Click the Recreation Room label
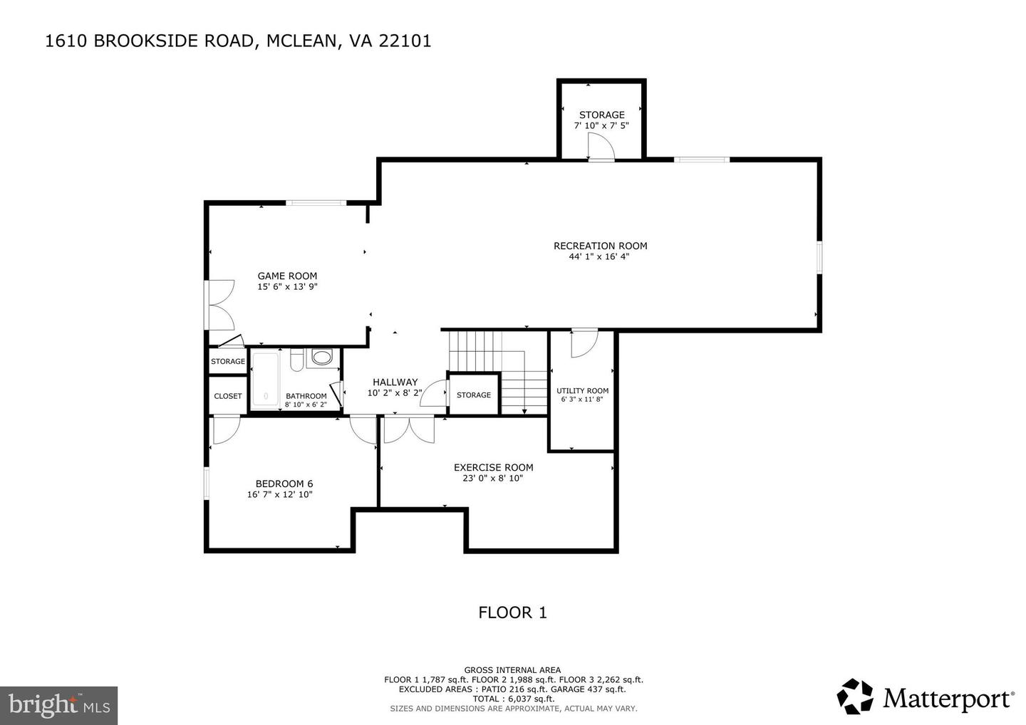pos(600,246)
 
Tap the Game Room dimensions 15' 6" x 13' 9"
pos(287,287)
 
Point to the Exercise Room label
pos(493,468)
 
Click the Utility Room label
pos(582,391)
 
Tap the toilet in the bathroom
pos(322,358)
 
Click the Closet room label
pos(228,396)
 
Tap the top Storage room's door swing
pos(600,147)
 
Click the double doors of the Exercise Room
pos(408,430)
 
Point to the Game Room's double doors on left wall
pos(219,304)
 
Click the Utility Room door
pos(584,343)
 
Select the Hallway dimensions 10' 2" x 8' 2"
pos(395,392)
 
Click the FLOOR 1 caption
pos(512,612)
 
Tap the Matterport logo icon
pos(855,696)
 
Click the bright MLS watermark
pos(58,706)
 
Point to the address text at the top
pos(238,41)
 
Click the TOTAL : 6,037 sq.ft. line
pos(513,699)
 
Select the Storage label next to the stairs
pos(474,395)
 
